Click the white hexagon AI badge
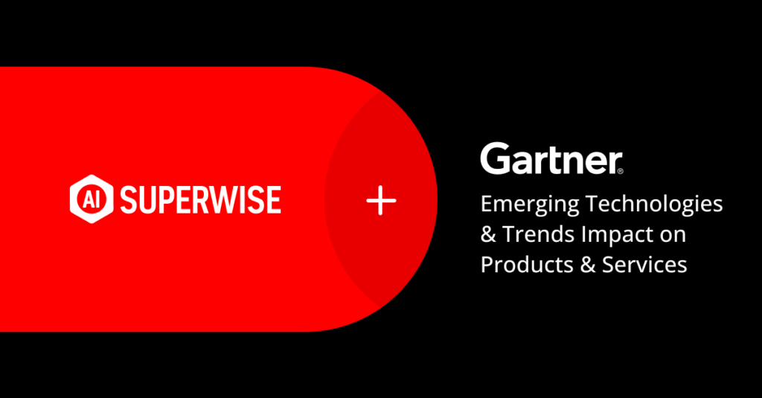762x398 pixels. pos(92,199)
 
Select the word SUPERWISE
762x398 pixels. pos(201,199)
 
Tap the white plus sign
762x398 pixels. pos(381,200)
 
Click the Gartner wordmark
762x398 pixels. pos(551,158)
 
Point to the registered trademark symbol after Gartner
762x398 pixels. pos(620,170)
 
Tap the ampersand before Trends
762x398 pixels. pos(488,234)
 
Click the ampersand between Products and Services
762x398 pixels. pos(588,265)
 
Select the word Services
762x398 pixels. pos(644,265)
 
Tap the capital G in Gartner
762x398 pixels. pos(496,158)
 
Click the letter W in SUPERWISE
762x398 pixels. pos(221,199)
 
